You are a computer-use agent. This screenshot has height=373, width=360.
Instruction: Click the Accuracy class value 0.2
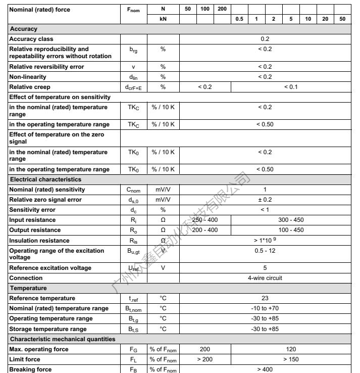(x=265, y=39)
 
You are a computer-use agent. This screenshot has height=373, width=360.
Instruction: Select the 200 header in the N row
(x=222, y=9)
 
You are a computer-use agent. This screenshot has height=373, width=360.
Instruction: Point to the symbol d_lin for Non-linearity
(x=133, y=77)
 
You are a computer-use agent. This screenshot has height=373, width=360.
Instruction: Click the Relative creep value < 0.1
(x=291, y=87)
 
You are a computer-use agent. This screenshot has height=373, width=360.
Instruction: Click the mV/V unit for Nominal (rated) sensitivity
(x=163, y=190)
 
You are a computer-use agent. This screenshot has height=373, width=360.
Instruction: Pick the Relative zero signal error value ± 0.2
(x=265, y=200)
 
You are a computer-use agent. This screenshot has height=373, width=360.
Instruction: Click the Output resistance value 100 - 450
(x=291, y=230)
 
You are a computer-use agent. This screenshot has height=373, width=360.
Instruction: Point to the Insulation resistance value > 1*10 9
(x=265, y=241)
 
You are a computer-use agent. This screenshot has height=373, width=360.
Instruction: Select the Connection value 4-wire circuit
(x=265, y=278)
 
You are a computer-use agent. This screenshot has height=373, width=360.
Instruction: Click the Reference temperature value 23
(x=265, y=298)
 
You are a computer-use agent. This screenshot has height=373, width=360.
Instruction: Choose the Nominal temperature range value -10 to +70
(x=265, y=308)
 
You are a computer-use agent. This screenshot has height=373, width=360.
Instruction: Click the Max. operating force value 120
(x=291, y=349)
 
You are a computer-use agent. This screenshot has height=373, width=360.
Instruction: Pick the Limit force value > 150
(x=291, y=359)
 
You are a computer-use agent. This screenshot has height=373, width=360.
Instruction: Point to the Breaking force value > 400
(x=265, y=369)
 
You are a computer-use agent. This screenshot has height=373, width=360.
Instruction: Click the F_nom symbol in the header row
(x=133, y=10)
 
